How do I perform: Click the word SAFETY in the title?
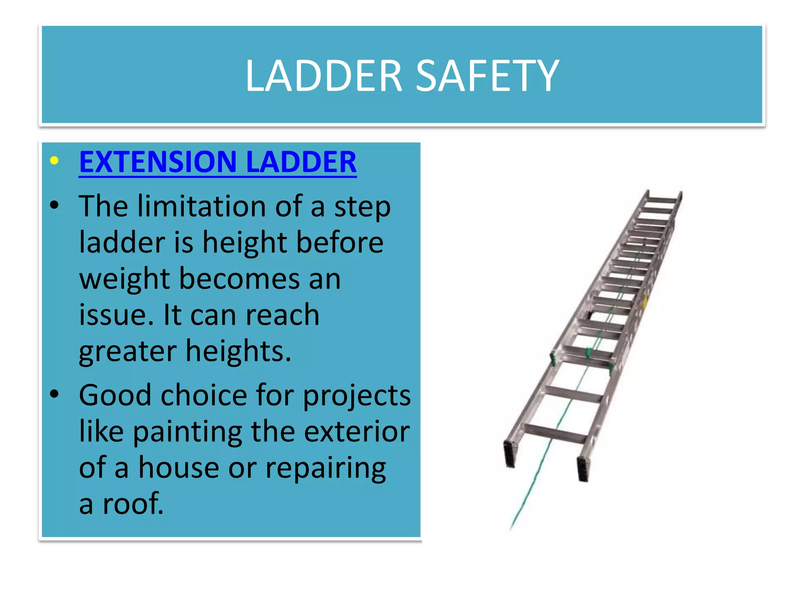[x=487, y=75]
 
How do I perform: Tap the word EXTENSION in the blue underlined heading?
[x=157, y=162]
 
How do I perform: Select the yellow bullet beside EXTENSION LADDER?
[x=54, y=161]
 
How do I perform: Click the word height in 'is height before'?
[x=245, y=242]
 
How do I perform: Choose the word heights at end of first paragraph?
[x=238, y=351]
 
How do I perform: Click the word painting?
[x=187, y=431]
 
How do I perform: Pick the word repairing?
[x=325, y=468]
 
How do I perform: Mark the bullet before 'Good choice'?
[x=54, y=394]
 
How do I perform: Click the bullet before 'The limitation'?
[x=54, y=205]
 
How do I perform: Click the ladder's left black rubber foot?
[x=510, y=454]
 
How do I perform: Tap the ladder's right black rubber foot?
[x=583, y=468]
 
